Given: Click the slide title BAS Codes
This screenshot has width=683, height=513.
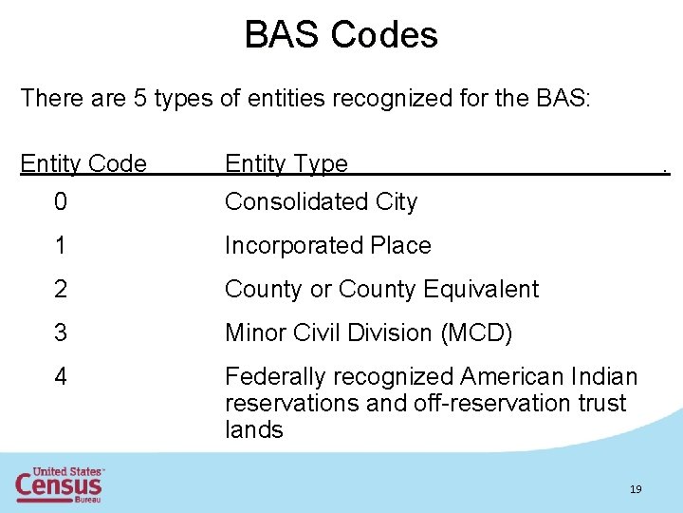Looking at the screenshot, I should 341,35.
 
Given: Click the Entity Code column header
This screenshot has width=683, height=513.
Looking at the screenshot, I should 83,163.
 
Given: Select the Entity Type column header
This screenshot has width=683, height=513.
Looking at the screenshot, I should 286,163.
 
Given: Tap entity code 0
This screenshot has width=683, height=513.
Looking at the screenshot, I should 61,201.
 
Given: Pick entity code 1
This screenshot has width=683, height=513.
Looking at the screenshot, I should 61,245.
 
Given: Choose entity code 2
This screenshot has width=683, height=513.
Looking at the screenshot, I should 61,289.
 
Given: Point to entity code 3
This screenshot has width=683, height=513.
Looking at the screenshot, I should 61,332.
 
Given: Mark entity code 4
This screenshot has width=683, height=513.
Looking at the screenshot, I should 61,376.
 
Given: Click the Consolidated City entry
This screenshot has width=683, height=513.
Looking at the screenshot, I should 321,201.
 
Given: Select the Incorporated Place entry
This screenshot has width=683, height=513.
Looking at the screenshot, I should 327,245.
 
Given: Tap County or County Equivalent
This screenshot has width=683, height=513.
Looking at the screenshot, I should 381,289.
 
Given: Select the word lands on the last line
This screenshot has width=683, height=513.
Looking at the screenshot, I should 253,429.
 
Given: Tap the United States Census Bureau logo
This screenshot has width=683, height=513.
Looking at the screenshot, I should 59,484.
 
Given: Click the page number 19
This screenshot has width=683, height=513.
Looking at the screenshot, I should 636,489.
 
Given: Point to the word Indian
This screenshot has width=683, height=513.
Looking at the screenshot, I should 605,376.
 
